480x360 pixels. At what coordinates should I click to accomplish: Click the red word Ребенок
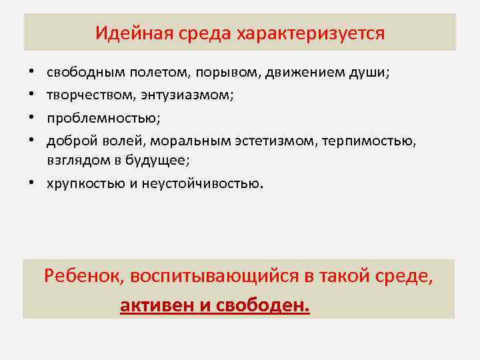[x=83, y=275]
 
